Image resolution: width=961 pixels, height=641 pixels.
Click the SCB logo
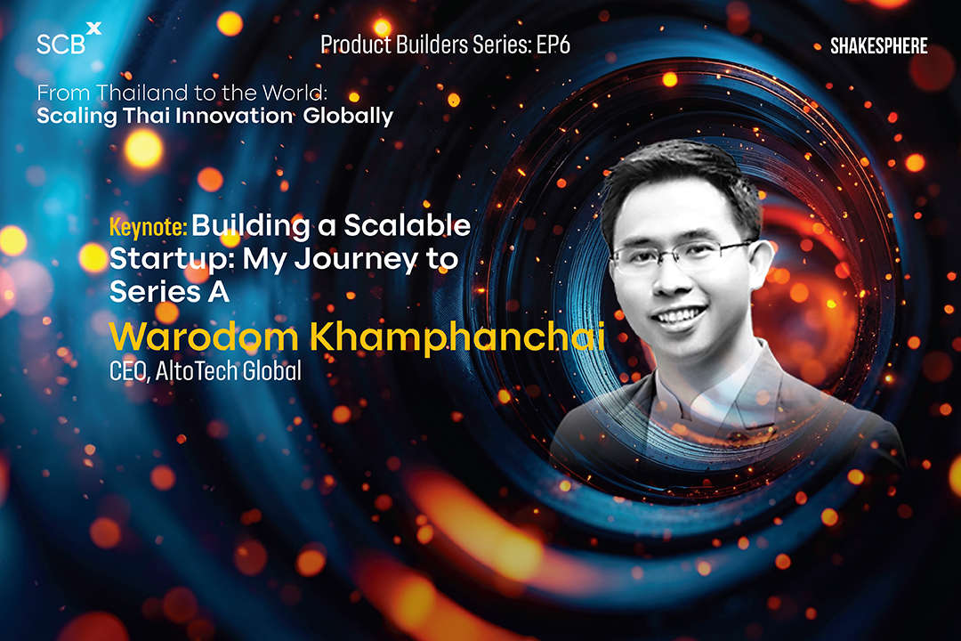pyautogui.click(x=69, y=39)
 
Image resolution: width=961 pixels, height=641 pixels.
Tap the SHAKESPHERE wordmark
pyautogui.click(x=879, y=46)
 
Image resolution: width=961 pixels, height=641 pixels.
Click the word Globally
pyautogui.click(x=348, y=117)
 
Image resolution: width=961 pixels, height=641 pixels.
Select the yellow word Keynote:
pyautogui.click(x=148, y=228)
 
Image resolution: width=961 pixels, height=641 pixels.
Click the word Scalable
pyautogui.click(x=407, y=226)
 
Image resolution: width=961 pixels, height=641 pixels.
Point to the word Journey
pyautogui.click(x=357, y=260)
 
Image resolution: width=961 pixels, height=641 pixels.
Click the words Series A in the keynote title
pyautogui.click(x=169, y=292)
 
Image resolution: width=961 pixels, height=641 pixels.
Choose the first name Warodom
pyautogui.click(x=204, y=337)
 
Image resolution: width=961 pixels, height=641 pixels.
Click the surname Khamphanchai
pyautogui.click(x=457, y=337)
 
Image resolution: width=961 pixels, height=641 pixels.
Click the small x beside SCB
pyautogui.click(x=93, y=28)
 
